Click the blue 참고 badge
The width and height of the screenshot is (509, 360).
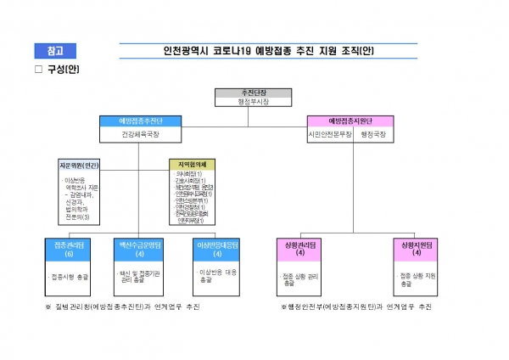tap(55, 50)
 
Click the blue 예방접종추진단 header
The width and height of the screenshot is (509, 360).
tap(140, 121)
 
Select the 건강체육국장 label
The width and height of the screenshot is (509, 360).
tap(140, 134)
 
